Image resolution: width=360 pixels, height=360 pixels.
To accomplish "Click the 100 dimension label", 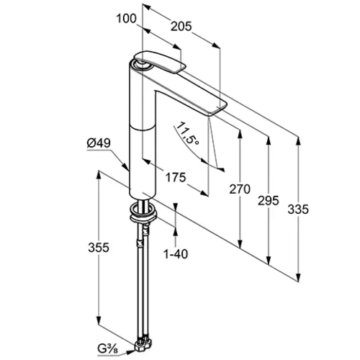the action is [x=126, y=19].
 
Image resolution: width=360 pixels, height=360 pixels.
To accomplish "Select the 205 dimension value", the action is [x=181, y=26].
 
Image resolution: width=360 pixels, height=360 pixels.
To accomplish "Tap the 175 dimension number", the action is [x=176, y=177].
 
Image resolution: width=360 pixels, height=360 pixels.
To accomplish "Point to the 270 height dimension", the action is [x=240, y=189].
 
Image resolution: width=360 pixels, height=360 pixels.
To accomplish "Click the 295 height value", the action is [x=269, y=200].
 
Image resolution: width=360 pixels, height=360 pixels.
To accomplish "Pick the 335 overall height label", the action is [x=298, y=209].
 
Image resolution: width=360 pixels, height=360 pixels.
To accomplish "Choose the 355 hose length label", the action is [x=99, y=247].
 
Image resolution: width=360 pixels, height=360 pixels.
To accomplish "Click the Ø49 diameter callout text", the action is [x=99, y=143].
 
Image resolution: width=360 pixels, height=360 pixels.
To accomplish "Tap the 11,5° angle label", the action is [x=187, y=133].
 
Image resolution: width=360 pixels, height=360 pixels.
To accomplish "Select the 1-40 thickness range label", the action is [x=176, y=254].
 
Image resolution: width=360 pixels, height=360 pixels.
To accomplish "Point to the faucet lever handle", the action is [x=159, y=60].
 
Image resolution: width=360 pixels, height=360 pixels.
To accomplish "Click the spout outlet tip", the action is [x=215, y=112].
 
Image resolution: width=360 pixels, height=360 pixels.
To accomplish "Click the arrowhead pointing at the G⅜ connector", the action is [x=131, y=352].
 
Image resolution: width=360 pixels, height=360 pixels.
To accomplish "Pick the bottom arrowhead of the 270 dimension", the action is [x=240, y=243].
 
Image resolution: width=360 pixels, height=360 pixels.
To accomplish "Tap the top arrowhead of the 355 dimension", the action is [x=99, y=175].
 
